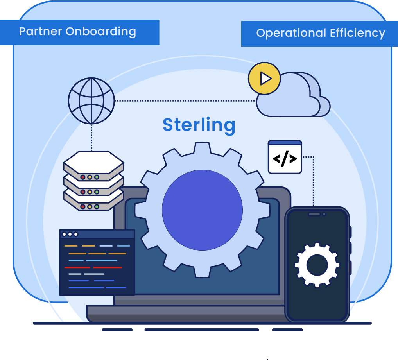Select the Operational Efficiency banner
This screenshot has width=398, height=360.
[x=320, y=34]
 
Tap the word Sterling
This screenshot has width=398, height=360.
[x=199, y=125]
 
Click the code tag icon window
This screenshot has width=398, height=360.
[x=285, y=157]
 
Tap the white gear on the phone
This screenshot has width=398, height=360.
[x=317, y=265]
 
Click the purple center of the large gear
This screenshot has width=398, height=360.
[x=202, y=210]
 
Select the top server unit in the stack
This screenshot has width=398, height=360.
[x=93, y=163]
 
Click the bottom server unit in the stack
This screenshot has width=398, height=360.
[x=93, y=202]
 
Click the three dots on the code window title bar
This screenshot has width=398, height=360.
[x=70, y=234]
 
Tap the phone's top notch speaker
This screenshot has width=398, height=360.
[x=314, y=214]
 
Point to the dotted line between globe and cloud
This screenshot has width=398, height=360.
[x=184, y=101]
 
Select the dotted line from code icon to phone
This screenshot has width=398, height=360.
[x=313, y=180]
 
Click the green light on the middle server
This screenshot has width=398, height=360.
[x=97, y=192]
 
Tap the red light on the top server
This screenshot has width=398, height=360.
[x=83, y=177]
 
